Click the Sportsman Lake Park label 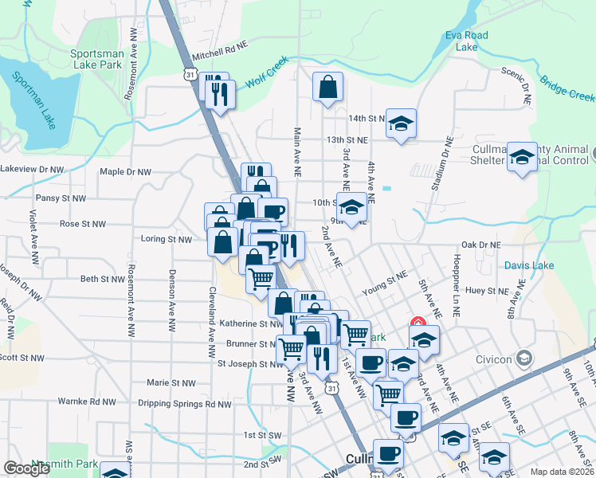pos(96,59)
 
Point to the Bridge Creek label pos(567,88)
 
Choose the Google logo pos(26,468)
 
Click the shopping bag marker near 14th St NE pos(328,88)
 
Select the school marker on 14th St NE pos(402,123)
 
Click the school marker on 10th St pos(351,208)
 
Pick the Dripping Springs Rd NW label pos(184,404)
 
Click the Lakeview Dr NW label pos(32,169)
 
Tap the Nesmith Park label pos(64,464)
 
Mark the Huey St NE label pos(487,292)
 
